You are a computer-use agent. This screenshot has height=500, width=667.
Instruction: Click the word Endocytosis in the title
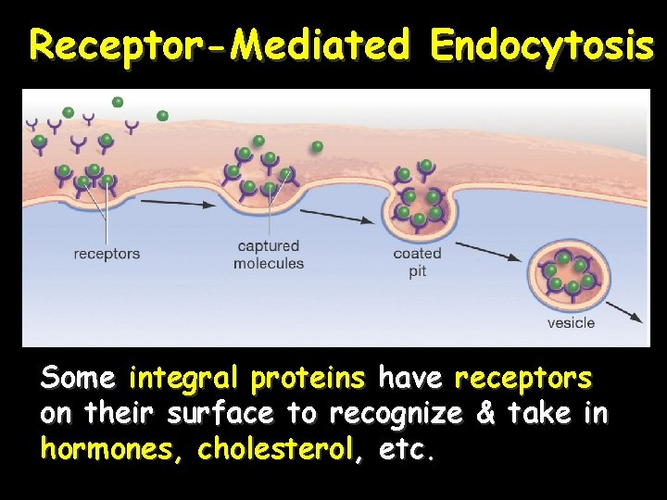point(542,44)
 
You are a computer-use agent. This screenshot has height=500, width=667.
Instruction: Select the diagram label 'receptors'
point(107,254)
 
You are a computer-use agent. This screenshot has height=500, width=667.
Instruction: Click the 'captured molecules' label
point(269,255)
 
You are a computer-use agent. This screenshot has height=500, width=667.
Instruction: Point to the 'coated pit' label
point(417,262)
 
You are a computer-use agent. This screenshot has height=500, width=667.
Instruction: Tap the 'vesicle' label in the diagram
point(571,323)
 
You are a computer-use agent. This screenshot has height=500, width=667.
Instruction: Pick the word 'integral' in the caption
point(183,380)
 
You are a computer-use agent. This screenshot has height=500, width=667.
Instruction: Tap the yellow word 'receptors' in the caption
point(522,380)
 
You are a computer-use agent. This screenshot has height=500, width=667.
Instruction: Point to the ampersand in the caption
point(485,414)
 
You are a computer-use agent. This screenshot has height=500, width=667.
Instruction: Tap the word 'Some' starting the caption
point(77,380)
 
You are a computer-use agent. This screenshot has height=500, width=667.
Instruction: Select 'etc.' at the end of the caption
point(407,451)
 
